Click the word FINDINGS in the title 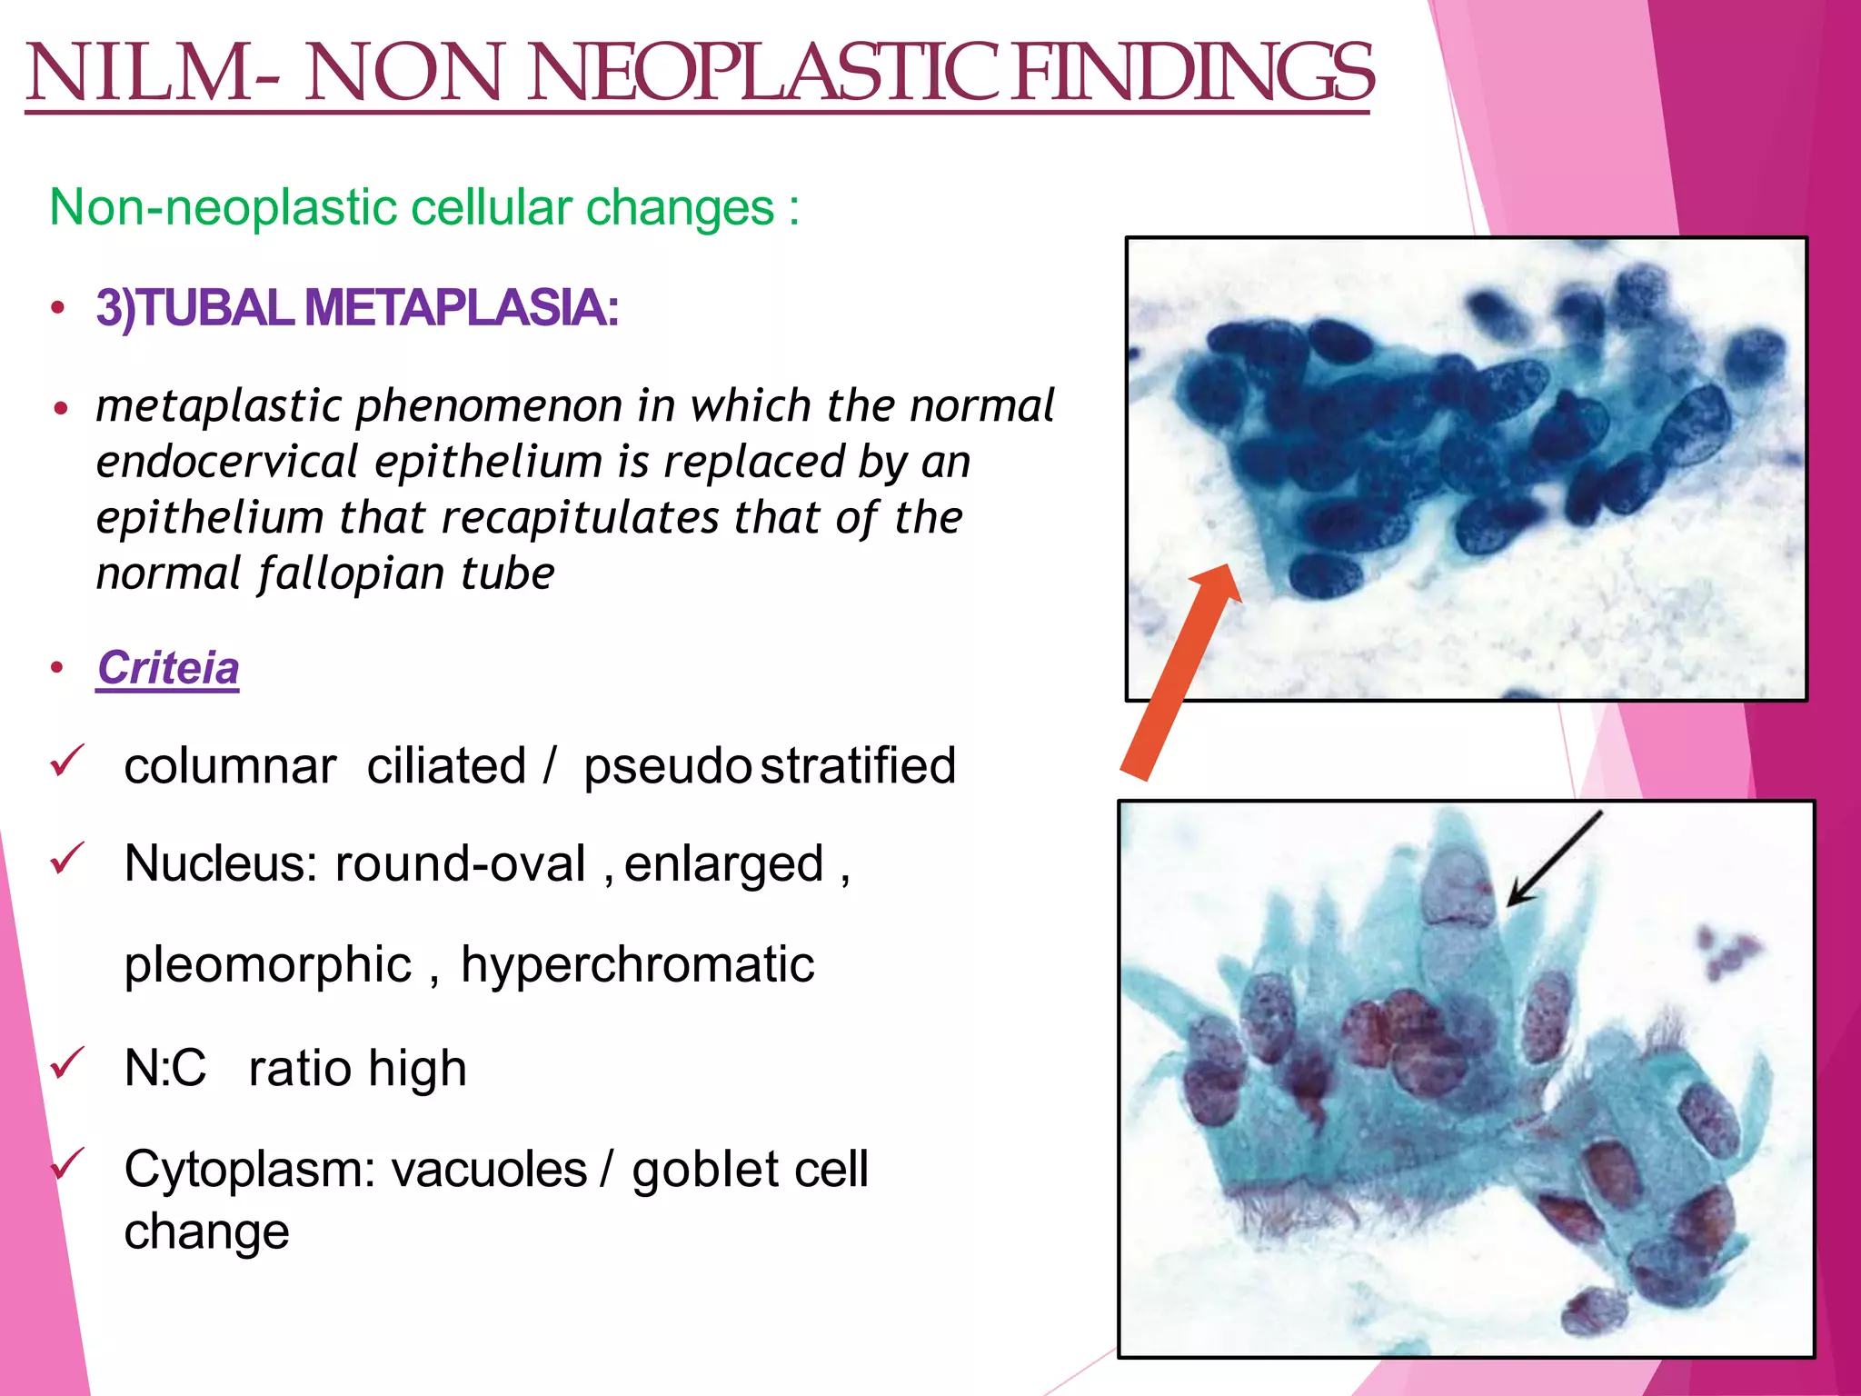[x=1192, y=73]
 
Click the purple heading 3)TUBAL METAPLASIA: [x=357, y=307]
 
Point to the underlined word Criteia [x=168, y=667]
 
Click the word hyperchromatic [x=637, y=965]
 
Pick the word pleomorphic [x=268, y=965]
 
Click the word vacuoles [x=489, y=1170]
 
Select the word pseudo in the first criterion [x=666, y=766]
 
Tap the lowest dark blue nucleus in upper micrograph [x=1327, y=576]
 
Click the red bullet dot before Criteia [x=57, y=669]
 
